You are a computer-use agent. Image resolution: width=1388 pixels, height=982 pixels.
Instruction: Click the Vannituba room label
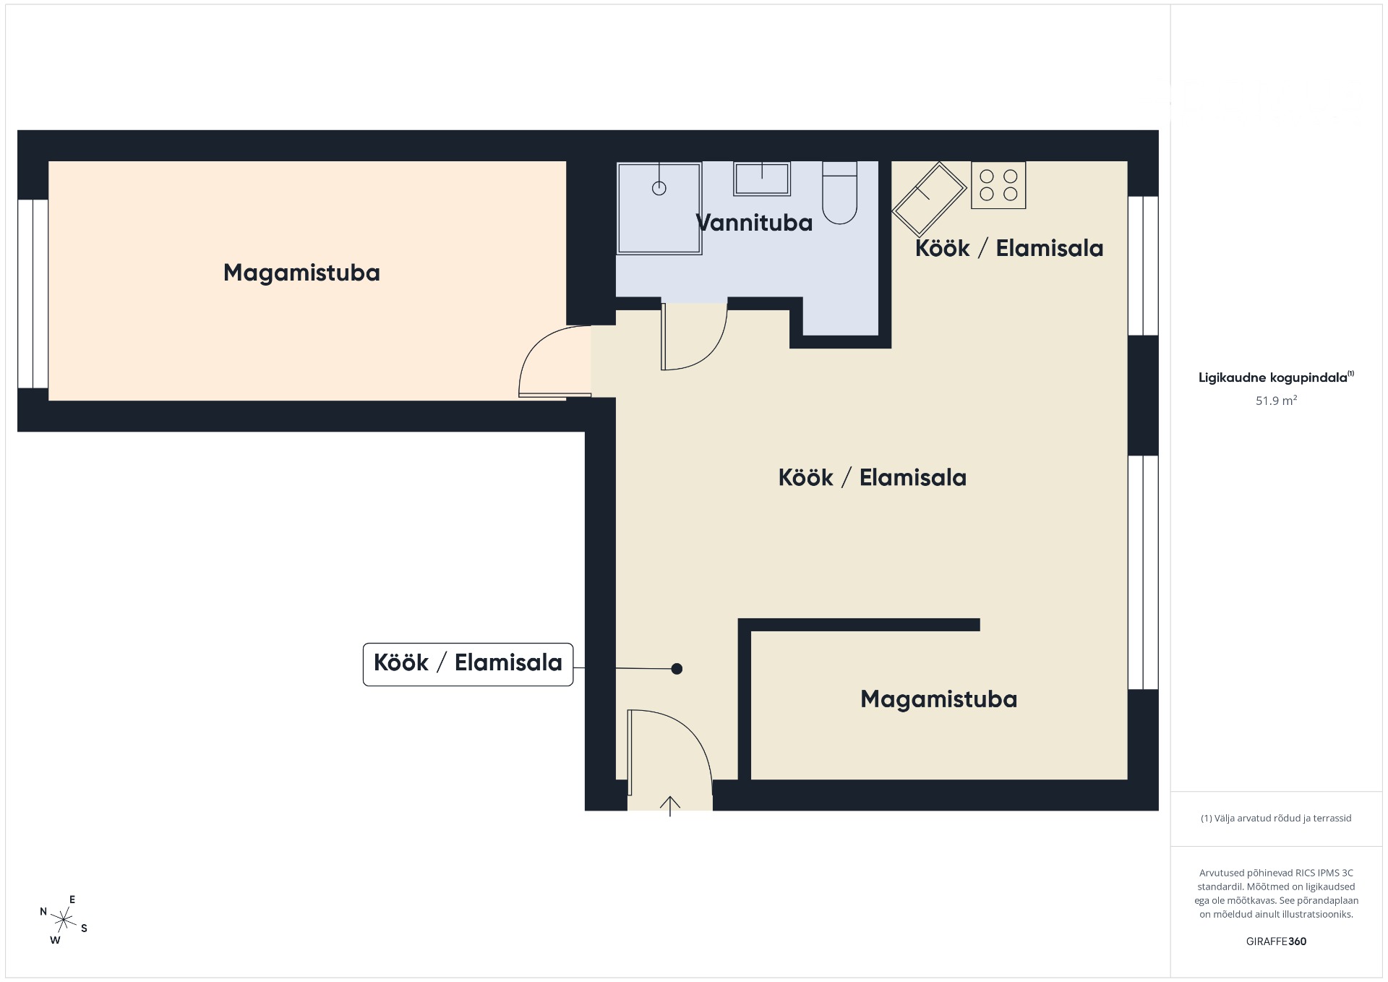754,223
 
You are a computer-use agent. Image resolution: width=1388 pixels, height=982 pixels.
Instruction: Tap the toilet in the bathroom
839,192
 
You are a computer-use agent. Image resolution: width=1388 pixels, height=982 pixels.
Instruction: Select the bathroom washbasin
762,178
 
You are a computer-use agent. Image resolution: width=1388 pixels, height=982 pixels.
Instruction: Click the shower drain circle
659,188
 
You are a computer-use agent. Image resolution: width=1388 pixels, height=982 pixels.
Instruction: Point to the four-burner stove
998,185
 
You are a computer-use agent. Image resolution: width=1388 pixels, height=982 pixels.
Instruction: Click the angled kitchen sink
930,200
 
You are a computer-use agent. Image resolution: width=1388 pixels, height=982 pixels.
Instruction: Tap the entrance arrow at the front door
670,806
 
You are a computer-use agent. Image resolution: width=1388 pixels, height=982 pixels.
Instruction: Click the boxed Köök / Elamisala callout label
468,664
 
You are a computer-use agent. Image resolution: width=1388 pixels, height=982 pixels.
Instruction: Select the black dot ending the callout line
677,669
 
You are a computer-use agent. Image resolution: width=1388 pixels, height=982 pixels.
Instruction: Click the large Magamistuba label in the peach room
301,273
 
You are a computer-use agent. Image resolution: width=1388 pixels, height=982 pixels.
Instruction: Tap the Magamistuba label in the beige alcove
938,699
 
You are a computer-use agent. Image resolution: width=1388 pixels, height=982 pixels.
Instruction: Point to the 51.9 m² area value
1276,401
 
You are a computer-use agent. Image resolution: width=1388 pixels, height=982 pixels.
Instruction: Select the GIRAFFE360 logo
1276,942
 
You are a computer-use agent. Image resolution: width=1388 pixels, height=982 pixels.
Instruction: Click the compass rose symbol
64,920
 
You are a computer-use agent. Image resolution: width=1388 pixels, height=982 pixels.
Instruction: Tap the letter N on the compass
43,912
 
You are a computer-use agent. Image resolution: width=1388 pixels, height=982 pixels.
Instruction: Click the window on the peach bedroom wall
33,294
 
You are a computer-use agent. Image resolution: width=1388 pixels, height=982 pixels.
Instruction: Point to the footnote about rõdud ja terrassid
1276,819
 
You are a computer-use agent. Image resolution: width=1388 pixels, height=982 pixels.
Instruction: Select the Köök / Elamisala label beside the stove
1009,248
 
